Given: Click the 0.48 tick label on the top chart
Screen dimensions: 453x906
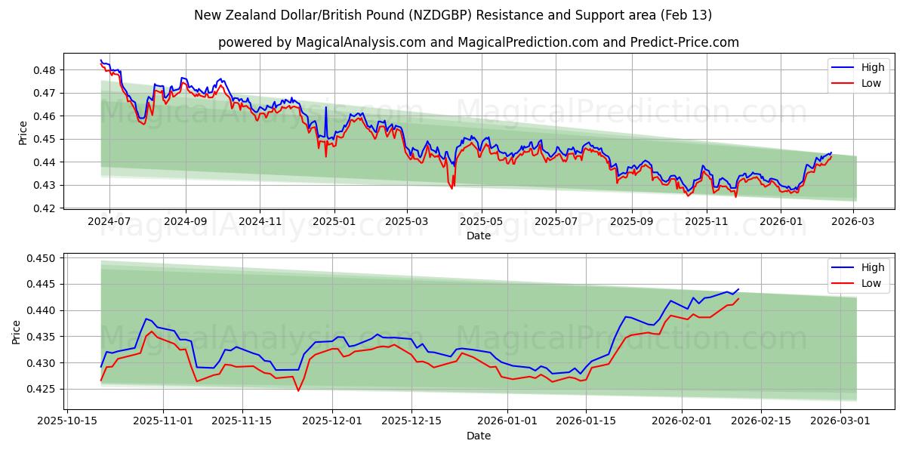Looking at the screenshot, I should click(45, 70).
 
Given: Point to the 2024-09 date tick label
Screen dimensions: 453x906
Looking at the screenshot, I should click(185, 221).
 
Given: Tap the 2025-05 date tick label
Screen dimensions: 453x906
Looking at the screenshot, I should click(481, 221).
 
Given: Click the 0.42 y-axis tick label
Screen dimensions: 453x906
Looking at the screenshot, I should click(45, 208).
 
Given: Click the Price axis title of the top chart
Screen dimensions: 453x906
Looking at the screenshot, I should click(23, 132).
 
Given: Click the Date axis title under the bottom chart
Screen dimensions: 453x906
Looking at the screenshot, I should click(478, 436).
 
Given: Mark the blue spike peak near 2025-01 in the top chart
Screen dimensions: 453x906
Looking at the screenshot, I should click(326, 107).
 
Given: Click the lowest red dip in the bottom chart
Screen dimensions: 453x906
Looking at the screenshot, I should click(298, 390).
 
